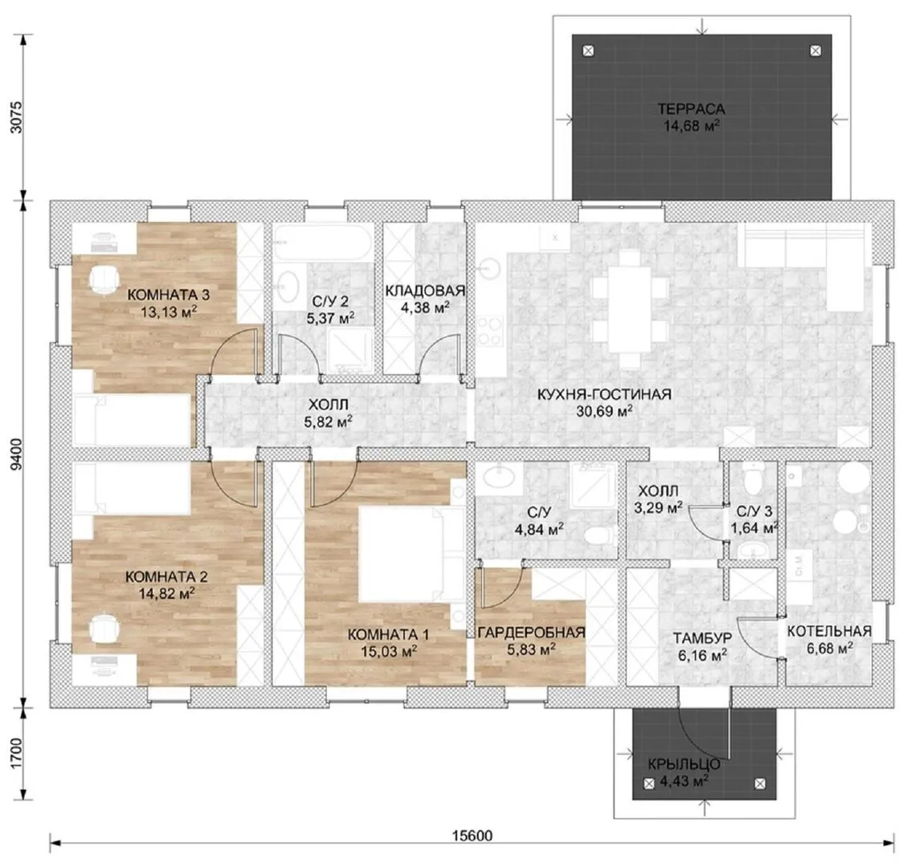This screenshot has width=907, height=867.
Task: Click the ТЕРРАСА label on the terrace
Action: click(x=691, y=108)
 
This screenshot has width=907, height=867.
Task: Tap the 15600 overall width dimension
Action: click(x=472, y=835)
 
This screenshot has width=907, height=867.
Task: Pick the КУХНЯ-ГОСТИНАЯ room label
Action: click(x=604, y=394)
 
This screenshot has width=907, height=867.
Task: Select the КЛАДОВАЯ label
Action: click(x=425, y=290)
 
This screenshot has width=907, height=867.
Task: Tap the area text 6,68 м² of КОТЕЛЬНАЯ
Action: click(x=830, y=648)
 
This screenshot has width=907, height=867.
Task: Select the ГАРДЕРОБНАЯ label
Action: click(x=532, y=633)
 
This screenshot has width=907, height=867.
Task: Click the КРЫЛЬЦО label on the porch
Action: click(x=684, y=764)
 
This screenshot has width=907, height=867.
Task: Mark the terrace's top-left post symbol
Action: click(x=588, y=51)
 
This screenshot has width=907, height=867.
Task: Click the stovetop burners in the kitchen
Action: click(x=491, y=331)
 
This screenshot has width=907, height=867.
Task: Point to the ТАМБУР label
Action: click(x=702, y=637)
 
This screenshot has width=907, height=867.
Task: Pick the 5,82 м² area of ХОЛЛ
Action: click(x=328, y=422)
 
